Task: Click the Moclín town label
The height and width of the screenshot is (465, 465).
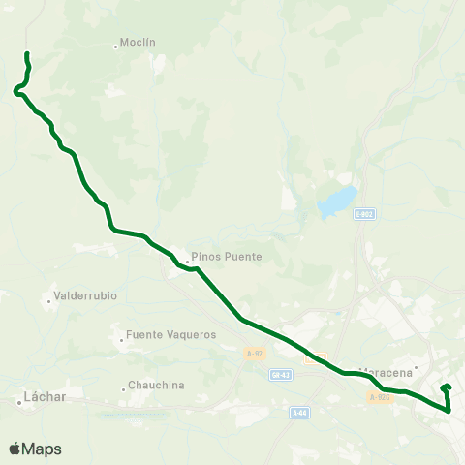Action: click(139, 43)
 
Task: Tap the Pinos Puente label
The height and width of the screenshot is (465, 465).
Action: click(227, 257)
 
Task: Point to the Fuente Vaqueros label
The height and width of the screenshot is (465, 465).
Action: click(170, 335)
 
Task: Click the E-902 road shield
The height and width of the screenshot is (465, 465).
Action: click(364, 214)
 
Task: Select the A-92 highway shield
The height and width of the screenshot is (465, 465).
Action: click(254, 355)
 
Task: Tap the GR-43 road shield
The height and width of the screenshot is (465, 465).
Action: click(282, 373)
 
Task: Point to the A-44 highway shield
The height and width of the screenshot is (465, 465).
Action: click(300, 412)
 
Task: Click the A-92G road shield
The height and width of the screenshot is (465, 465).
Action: click(379, 396)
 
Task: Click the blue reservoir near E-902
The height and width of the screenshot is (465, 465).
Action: click(335, 202)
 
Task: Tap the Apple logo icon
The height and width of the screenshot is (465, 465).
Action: click(14, 449)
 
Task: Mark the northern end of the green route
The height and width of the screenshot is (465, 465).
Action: click(27, 53)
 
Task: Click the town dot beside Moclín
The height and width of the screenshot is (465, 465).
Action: click(116, 46)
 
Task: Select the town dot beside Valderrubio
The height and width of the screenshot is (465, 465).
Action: click(48, 300)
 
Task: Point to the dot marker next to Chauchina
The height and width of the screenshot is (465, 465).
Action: click(124, 389)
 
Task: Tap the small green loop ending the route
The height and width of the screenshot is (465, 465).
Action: click(447, 390)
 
